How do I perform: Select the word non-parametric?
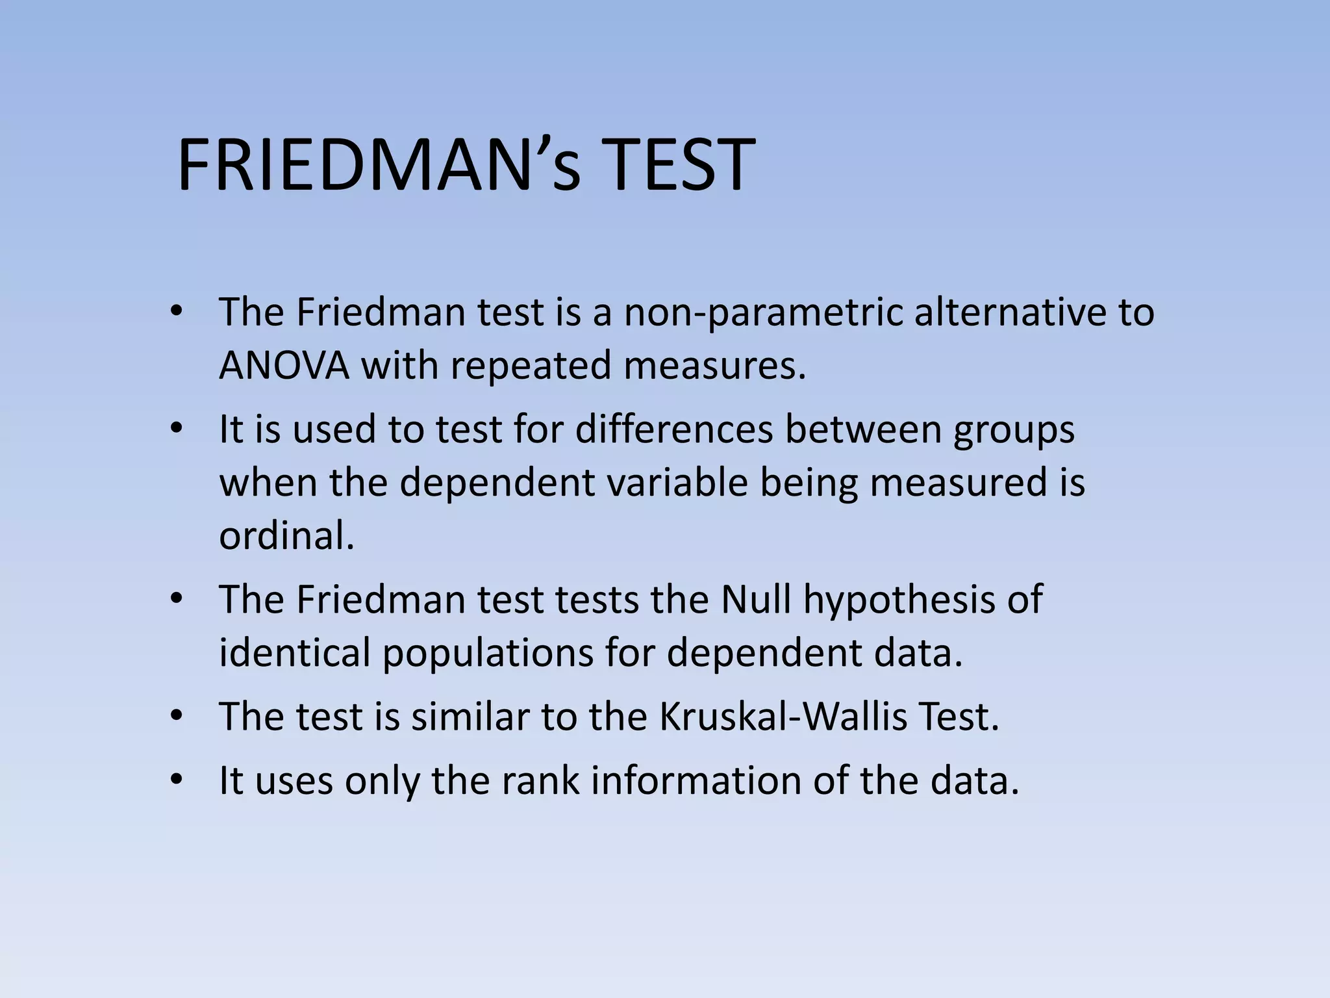pyautogui.click(x=763, y=313)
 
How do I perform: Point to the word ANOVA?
pyautogui.click(x=284, y=366)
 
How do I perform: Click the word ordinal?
pyautogui.click(x=286, y=537)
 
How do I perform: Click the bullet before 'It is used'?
pyautogui.click(x=176, y=430)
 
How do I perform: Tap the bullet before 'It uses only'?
pyautogui.click(x=176, y=780)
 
